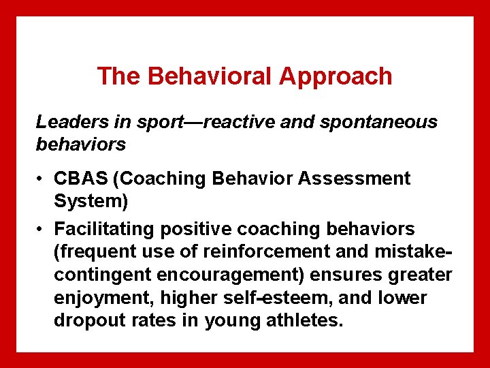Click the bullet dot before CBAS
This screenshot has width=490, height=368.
(x=42, y=179)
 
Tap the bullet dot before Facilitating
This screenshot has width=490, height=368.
(x=42, y=228)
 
